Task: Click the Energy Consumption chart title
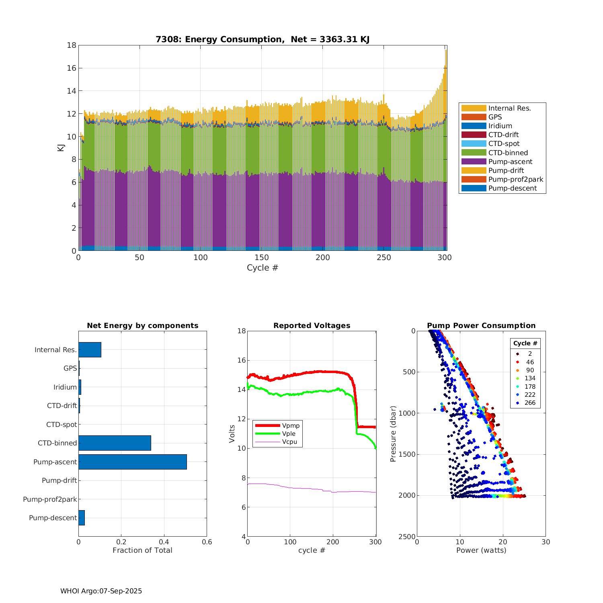pyautogui.click(x=263, y=39)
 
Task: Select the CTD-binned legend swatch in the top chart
pyautogui.click(x=474, y=153)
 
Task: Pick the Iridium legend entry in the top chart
pyautogui.click(x=500, y=126)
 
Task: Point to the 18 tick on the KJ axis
pyautogui.click(x=72, y=45)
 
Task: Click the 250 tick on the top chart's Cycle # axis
pyautogui.click(x=384, y=258)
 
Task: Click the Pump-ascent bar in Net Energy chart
pyautogui.click(x=133, y=462)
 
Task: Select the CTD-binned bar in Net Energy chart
pyautogui.click(x=115, y=443)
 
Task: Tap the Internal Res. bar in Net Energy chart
pyautogui.click(x=90, y=350)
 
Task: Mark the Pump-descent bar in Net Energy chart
pyautogui.click(x=82, y=518)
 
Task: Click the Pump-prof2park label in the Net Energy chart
pyautogui.click(x=50, y=499)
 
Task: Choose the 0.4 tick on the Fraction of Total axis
pyautogui.click(x=164, y=542)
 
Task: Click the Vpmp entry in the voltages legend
pyautogui.click(x=291, y=426)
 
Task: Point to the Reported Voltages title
pyautogui.click(x=312, y=326)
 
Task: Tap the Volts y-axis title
pyautogui.click(x=232, y=434)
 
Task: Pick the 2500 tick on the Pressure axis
pyautogui.click(x=407, y=537)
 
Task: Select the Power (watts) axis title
pyautogui.click(x=481, y=550)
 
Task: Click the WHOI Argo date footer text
pyautogui.click(x=101, y=591)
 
